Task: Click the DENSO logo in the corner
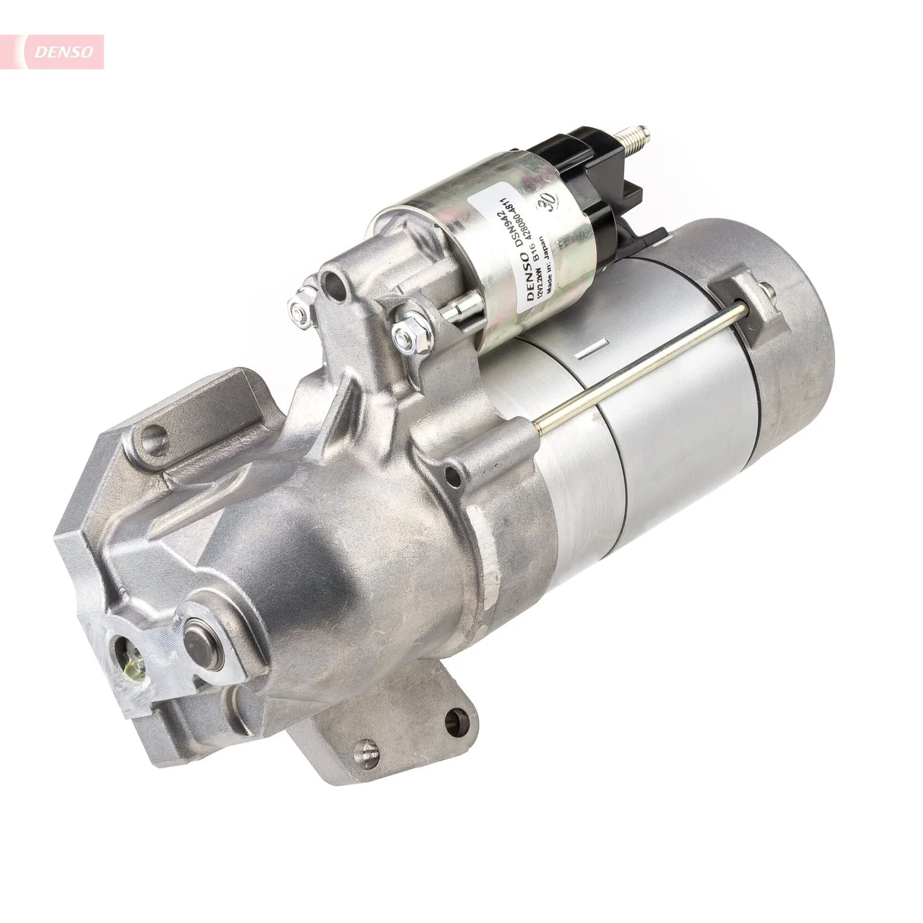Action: coord(63,51)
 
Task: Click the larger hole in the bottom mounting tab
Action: coord(456,718)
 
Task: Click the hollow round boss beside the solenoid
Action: coord(333,282)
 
